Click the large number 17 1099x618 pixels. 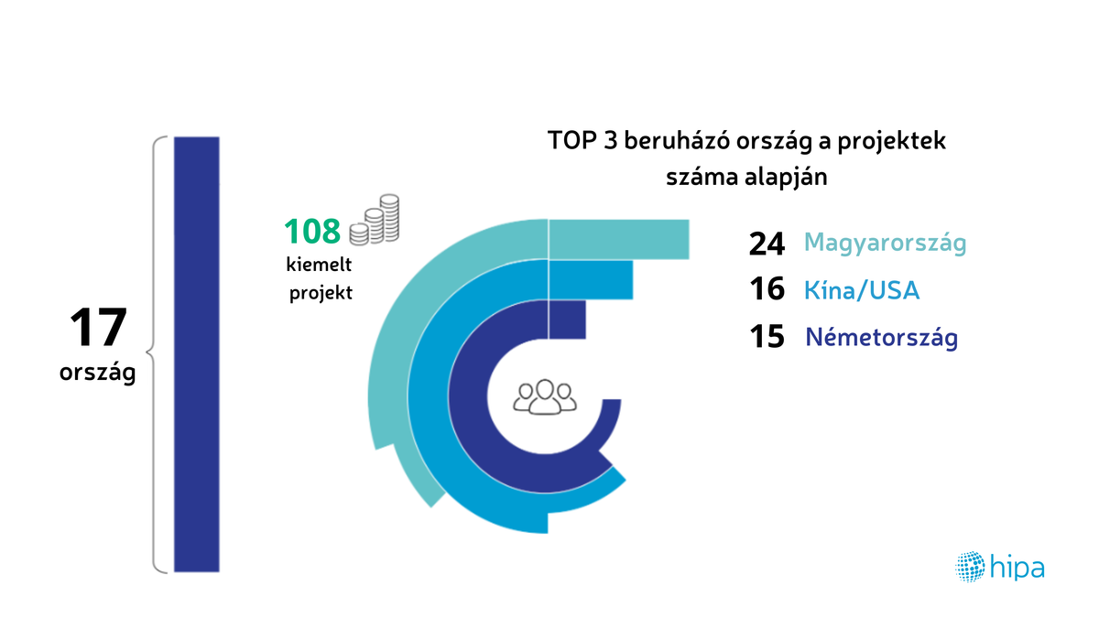click(96, 328)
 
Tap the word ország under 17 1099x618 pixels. click(97, 374)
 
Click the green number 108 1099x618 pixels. click(312, 232)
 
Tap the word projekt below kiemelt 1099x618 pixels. click(321, 293)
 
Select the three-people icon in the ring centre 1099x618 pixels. click(546, 396)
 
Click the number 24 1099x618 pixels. click(767, 244)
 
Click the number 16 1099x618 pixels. click(767, 290)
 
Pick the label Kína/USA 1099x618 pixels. click(861, 291)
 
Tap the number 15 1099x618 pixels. click(767, 337)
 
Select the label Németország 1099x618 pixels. click(881, 338)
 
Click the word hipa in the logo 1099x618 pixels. click(1017, 568)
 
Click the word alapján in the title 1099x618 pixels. click(787, 177)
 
